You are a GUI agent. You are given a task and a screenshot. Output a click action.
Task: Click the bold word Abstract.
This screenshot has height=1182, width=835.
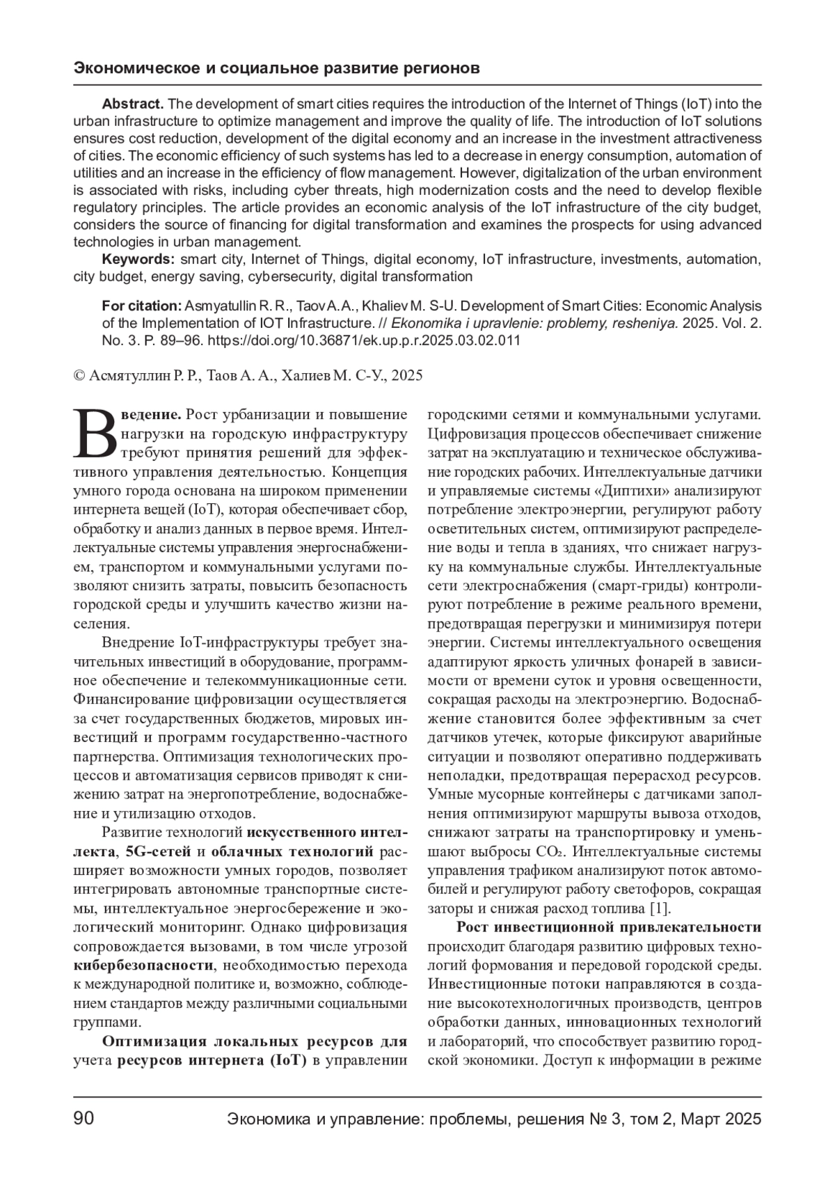coord(132,104)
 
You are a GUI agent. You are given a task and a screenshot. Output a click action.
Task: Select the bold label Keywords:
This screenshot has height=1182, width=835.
coord(138,260)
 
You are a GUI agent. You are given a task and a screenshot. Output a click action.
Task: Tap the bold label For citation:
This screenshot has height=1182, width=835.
coord(141,306)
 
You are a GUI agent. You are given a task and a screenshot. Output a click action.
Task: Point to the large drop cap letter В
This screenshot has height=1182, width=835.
coord(96,433)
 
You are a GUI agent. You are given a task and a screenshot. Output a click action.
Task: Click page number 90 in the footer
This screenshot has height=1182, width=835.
coord(84,1119)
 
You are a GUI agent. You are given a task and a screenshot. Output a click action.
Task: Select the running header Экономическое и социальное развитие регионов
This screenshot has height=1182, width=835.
coord(276,69)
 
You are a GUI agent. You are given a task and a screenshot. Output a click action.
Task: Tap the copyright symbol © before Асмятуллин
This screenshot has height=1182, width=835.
coord(79,376)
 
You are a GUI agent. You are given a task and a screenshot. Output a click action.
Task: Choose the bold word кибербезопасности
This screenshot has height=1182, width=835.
coord(143,966)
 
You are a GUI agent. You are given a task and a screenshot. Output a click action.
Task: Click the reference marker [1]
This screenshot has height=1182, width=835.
coord(660,908)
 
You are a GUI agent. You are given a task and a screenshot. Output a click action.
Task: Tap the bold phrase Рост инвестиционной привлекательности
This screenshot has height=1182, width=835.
coord(609,927)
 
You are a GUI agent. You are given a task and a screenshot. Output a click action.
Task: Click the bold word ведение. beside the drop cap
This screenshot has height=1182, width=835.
coord(152,415)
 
